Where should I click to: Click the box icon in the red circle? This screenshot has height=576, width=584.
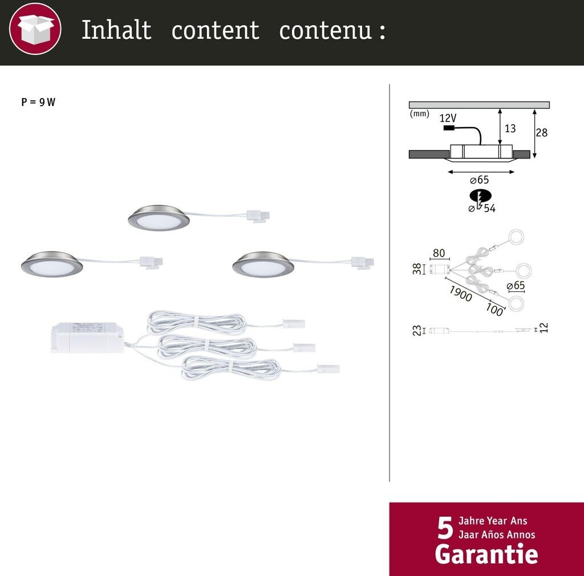tap(35, 29)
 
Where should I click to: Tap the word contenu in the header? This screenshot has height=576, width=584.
tap(326, 30)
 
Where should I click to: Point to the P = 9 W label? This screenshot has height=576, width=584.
tap(38, 102)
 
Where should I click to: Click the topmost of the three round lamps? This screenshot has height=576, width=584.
tap(159, 218)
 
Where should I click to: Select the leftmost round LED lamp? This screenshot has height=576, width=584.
tap(52, 264)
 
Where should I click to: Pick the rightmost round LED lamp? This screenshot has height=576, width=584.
tap(263, 265)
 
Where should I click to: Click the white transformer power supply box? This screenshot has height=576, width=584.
tap(87, 338)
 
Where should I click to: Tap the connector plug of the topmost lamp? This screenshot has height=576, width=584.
tap(258, 216)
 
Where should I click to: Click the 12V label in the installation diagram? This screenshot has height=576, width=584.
tap(448, 118)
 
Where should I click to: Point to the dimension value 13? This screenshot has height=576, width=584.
tap(510, 128)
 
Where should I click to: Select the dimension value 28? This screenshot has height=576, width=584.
tap(542, 132)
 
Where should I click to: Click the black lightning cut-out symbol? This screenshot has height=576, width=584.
tap(480, 197)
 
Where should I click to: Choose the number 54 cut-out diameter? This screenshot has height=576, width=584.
tap(490, 209)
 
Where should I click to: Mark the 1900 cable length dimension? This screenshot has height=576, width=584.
tap(461, 293)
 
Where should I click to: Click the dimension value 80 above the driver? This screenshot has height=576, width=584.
tap(439, 253)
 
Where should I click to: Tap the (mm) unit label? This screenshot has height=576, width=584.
tap(419, 113)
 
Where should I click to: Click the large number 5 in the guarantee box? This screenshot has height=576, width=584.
tap(445, 528)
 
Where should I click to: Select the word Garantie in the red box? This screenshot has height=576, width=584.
tap(486, 554)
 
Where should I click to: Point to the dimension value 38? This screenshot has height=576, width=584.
tap(417, 269)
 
